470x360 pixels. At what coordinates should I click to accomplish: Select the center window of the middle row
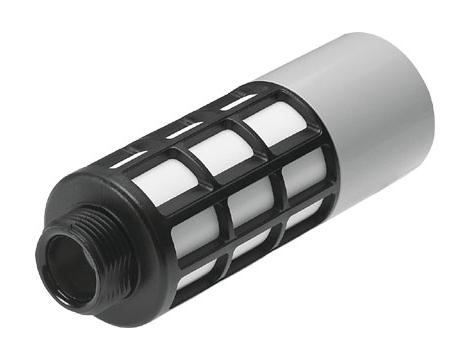[x=249, y=204]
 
